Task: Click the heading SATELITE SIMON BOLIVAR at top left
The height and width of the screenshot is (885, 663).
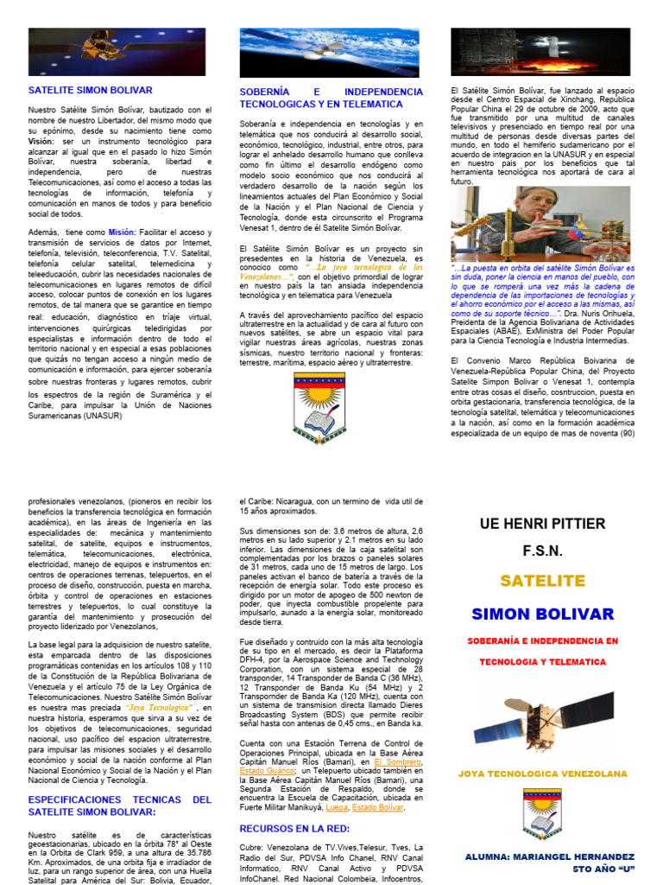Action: click(x=91, y=90)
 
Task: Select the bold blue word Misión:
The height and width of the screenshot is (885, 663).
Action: click(x=122, y=232)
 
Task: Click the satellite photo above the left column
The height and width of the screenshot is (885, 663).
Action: click(x=117, y=51)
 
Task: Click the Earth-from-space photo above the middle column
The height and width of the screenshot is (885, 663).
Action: click(x=331, y=52)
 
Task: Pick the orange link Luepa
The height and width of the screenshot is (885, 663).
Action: click(x=336, y=807)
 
